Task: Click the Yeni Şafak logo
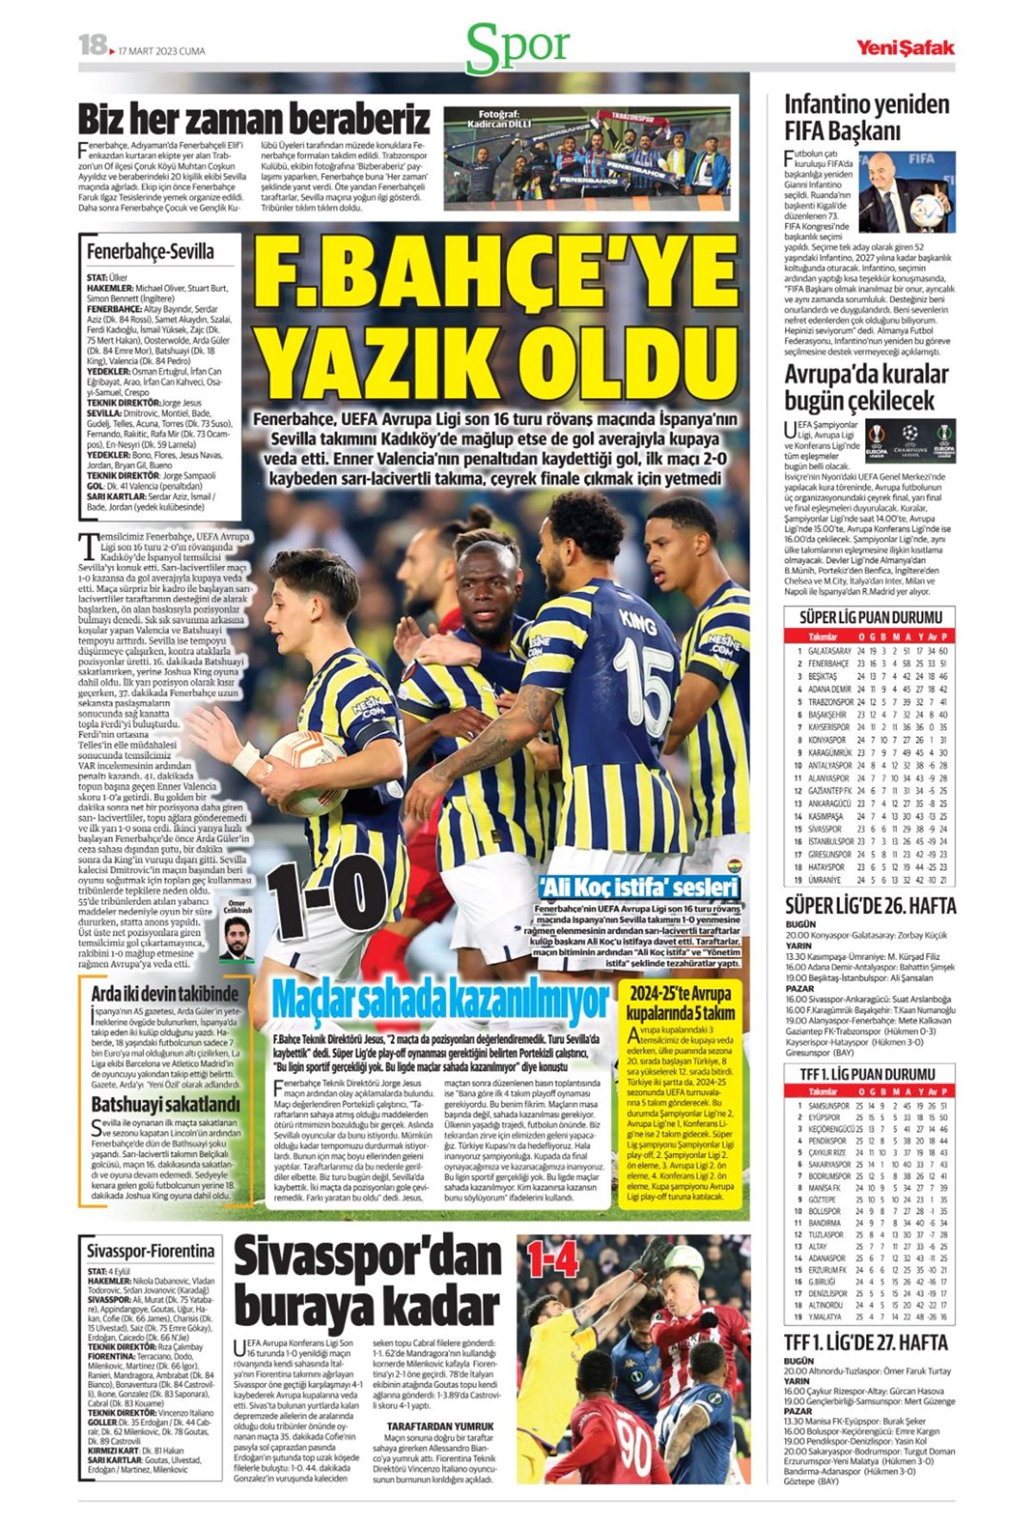[905, 47]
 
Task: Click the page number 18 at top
[91, 45]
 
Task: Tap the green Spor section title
[518, 48]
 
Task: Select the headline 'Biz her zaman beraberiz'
[254, 118]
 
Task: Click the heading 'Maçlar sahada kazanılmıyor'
[440, 999]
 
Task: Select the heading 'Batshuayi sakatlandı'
[165, 1104]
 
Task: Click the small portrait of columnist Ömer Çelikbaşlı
[236, 939]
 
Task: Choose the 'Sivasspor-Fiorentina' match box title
[151, 1250]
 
